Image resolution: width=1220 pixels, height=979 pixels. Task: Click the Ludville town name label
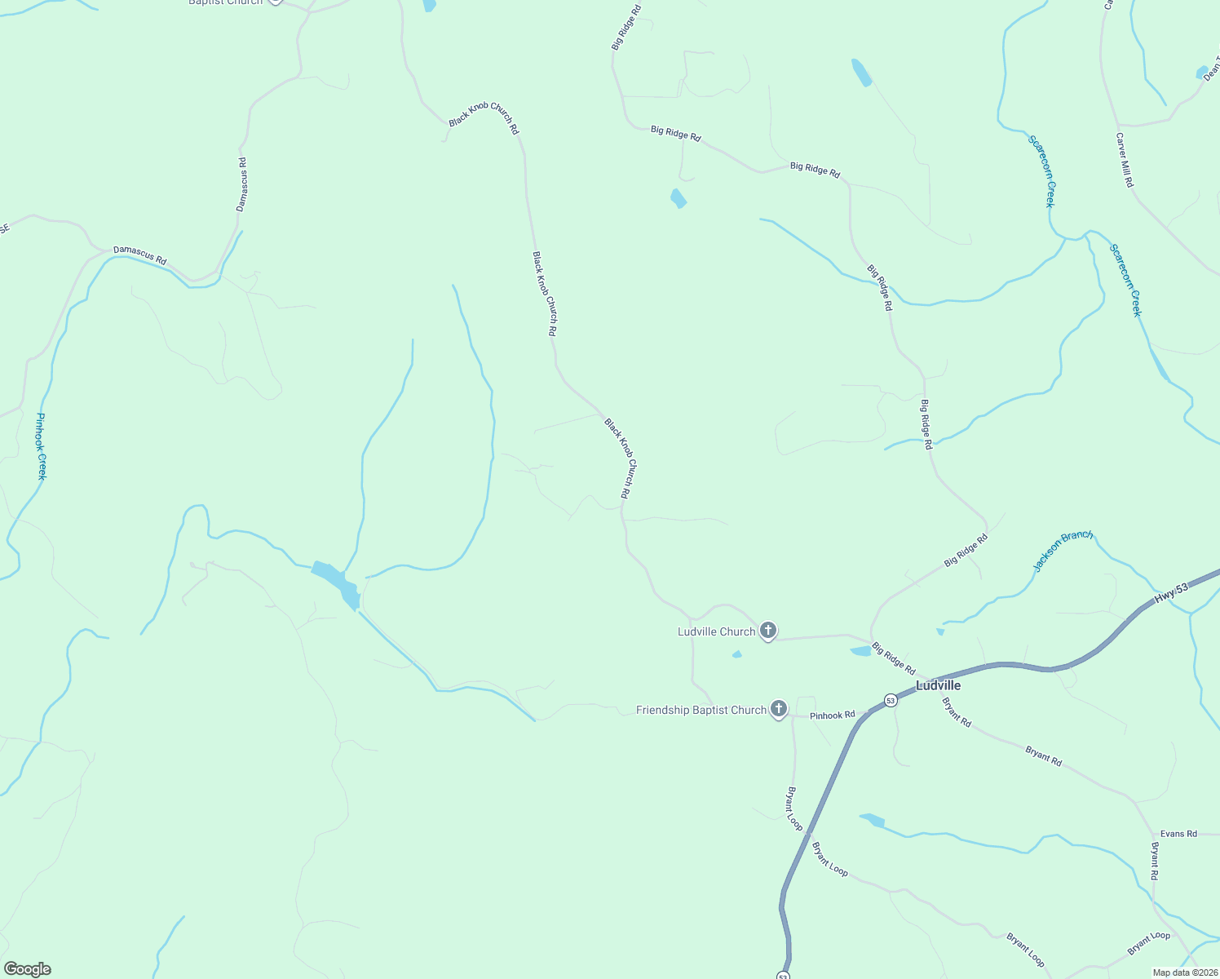point(938,685)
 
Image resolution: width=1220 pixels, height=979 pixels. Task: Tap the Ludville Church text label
point(716,631)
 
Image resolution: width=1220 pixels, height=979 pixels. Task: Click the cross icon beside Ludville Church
point(767,630)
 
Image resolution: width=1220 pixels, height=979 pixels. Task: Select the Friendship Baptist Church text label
point(701,710)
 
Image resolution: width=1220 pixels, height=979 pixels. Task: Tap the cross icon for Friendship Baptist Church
point(779,708)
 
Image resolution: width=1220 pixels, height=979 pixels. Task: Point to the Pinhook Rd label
point(832,715)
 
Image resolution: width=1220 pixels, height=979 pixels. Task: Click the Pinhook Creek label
point(41,446)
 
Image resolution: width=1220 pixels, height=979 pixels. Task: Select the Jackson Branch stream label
point(1063,551)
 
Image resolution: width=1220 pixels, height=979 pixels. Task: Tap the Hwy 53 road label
point(1172,592)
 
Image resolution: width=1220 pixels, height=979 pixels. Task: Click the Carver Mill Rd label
point(1125,161)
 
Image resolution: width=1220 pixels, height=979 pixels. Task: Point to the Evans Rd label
point(1178,834)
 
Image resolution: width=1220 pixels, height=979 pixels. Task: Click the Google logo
point(27,969)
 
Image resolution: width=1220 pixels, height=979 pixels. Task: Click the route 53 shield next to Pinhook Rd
point(890,700)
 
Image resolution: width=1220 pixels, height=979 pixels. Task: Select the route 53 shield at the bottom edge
point(783,975)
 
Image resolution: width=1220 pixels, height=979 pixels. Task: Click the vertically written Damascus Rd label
point(241,184)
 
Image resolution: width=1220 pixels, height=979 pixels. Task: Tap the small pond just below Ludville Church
point(737,654)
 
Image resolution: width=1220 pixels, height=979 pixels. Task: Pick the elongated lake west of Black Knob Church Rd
point(336,581)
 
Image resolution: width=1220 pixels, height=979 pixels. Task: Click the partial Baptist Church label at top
point(226,2)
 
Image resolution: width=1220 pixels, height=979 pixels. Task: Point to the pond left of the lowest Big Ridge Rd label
point(860,651)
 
